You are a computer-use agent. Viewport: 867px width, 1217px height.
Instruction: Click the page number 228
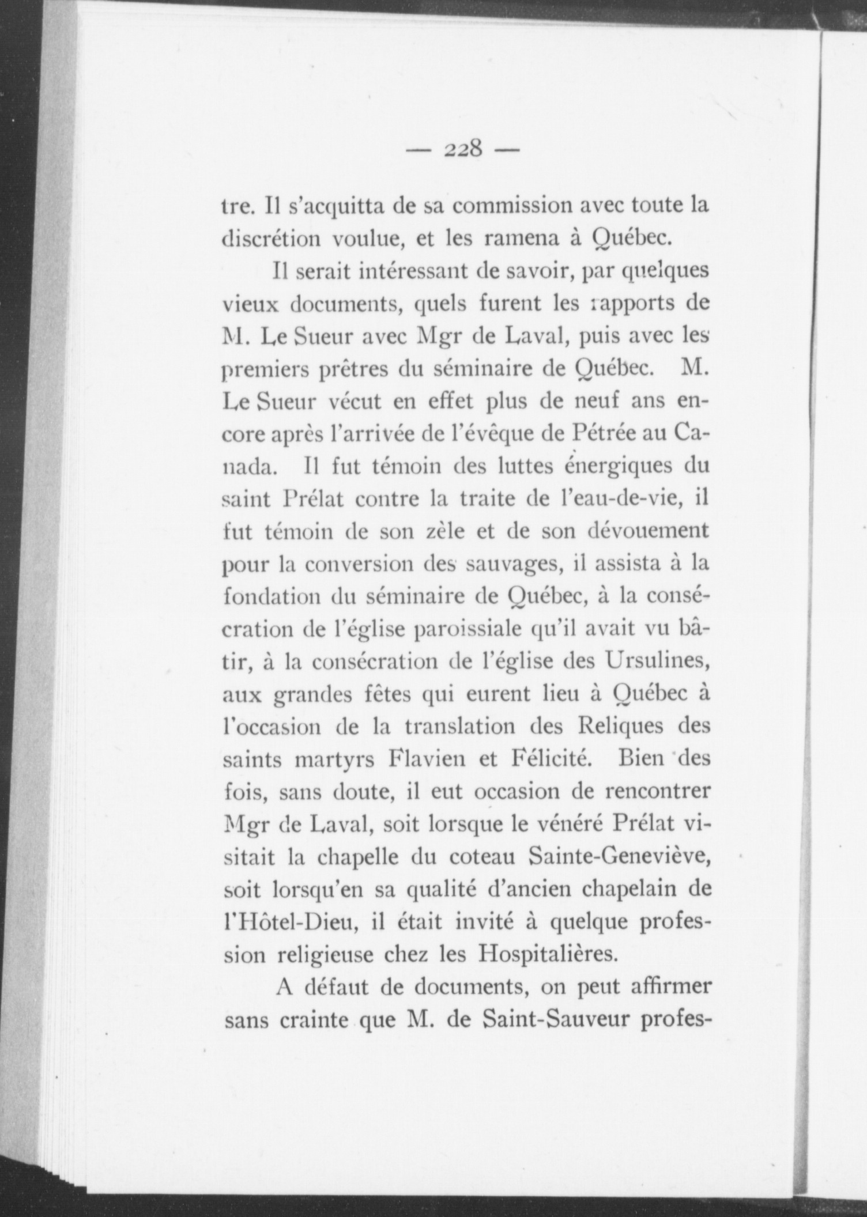[463, 150]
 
